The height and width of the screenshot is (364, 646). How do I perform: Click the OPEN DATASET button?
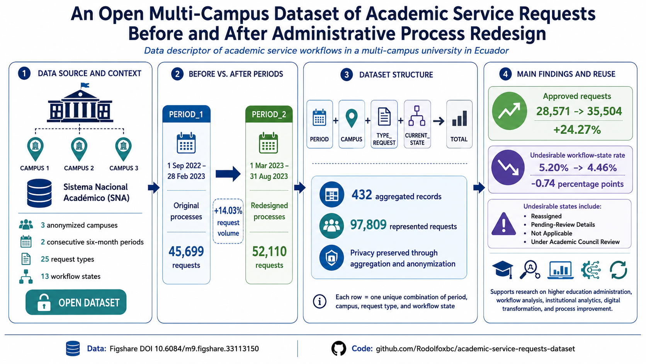76,302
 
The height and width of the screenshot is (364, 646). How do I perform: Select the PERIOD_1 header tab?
186,114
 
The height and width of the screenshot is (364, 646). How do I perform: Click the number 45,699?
186,251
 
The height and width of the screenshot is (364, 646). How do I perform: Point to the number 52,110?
269,251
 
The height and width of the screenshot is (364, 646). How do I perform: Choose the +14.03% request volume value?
228,211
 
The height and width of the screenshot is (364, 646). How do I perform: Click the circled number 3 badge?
346,75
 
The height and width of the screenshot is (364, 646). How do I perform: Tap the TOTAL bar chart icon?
459,119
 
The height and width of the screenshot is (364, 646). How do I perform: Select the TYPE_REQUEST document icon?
384,116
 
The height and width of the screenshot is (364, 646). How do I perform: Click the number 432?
362,195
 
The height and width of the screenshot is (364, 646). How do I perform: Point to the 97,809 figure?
368,225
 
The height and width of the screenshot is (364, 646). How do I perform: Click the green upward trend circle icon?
509,111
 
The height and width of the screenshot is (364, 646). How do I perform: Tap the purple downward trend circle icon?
508,167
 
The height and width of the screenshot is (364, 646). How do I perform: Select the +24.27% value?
577,130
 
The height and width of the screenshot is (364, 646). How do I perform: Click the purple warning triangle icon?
503,224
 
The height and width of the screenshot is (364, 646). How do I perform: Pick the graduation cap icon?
503,270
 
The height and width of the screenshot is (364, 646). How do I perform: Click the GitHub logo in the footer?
338,349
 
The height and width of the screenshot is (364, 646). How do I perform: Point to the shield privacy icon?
331,258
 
